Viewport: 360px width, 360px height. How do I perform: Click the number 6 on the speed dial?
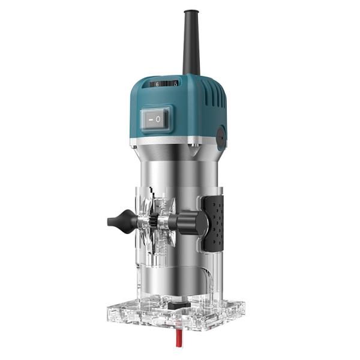(x=157, y=85)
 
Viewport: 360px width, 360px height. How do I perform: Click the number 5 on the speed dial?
(x=175, y=84)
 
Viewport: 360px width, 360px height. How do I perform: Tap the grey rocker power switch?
(x=155, y=119)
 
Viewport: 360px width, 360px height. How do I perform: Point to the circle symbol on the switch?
(x=158, y=119)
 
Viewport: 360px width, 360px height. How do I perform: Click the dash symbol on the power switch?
(x=149, y=119)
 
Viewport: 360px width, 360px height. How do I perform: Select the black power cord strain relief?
(x=191, y=42)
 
